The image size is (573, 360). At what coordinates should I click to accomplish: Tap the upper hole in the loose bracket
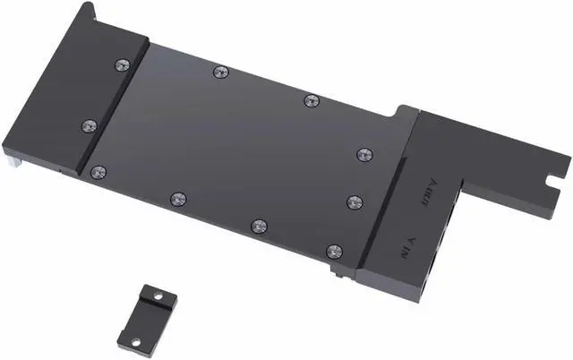click(x=158, y=295)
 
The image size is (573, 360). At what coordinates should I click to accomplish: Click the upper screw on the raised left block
click(x=123, y=64)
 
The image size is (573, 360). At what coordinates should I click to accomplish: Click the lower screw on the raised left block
click(x=89, y=126)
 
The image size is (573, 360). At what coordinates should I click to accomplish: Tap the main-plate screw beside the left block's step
click(x=98, y=170)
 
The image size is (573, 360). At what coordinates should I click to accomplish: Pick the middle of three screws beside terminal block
click(x=355, y=201)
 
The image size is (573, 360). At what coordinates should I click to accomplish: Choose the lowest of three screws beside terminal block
click(x=334, y=252)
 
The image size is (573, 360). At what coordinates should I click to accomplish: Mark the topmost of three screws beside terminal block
click(x=363, y=155)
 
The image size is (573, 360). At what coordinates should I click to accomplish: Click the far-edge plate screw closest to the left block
click(x=218, y=71)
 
